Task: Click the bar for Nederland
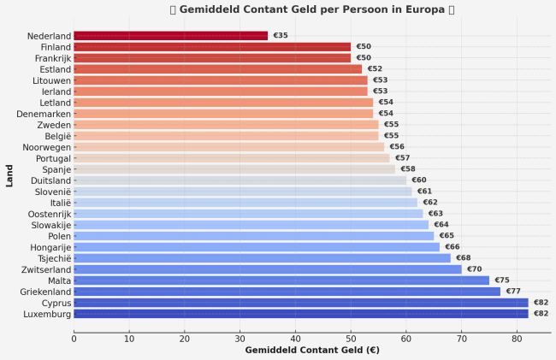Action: click(170, 36)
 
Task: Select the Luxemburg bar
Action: click(300, 314)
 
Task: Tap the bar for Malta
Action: click(281, 280)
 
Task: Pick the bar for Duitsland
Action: click(240, 180)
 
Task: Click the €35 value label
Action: click(281, 36)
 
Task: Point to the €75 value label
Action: click(502, 280)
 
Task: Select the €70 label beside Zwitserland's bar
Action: click(474, 269)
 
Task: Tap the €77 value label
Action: click(513, 292)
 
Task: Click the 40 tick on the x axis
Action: click(295, 339)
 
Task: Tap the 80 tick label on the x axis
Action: click(517, 339)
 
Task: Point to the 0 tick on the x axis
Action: click(74, 339)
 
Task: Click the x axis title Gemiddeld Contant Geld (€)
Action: click(312, 351)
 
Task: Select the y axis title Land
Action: click(9, 175)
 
